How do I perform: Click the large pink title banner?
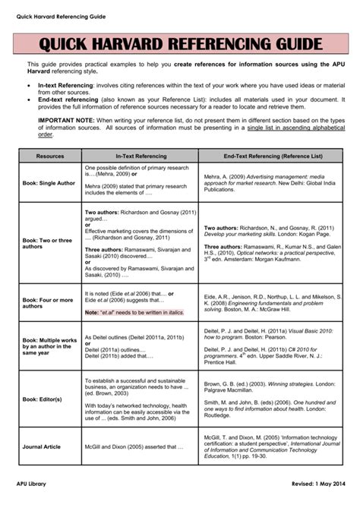(180, 44)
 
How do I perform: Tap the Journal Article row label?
(43, 447)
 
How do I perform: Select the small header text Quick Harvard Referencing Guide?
(61, 16)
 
